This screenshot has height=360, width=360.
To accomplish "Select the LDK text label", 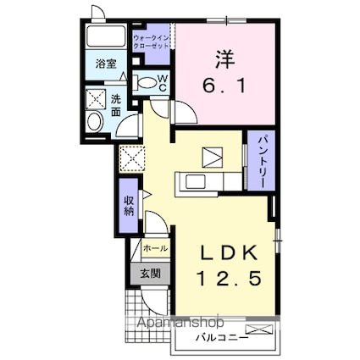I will pos(226,253).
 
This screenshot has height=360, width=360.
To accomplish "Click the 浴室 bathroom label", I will pos(106,64).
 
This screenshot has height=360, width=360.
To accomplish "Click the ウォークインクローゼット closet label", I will pos(152,43).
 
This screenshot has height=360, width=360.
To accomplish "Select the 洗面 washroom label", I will pos(116,105).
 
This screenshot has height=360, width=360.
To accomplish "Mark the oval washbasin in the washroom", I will pos(95,123).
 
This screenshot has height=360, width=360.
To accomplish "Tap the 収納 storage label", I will pos(130,206).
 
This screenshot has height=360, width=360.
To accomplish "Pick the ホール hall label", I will pos(155,248).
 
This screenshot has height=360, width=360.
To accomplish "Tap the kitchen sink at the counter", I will pos(192,181).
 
